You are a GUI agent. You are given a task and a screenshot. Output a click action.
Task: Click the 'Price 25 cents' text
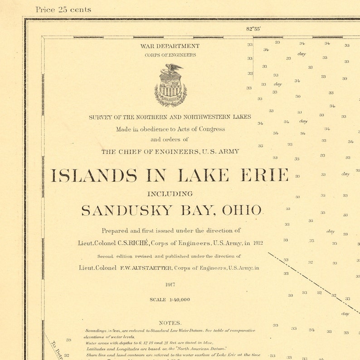[x=63, y=10]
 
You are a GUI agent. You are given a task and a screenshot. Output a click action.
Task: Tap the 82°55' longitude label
[x=253, y=29]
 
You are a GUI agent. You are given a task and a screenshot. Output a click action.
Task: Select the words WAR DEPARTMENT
[x=170, y=46]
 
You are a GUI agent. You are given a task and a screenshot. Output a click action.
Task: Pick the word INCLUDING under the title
[x=170, y=194]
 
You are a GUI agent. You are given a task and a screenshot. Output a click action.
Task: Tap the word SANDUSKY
[x=127, y=210]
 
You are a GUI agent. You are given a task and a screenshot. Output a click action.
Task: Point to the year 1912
[x=258, y=243]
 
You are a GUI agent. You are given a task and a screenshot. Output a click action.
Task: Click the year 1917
[x=170, y=285]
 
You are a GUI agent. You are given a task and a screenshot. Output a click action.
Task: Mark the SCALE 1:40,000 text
[x=170, y=300]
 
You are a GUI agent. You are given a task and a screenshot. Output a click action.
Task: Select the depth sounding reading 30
[x=298, y=96]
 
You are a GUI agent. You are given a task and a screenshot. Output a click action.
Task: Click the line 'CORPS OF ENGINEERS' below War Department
[x=170, y=55]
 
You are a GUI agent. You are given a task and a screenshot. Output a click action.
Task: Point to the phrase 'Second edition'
[x=113, y=256]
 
